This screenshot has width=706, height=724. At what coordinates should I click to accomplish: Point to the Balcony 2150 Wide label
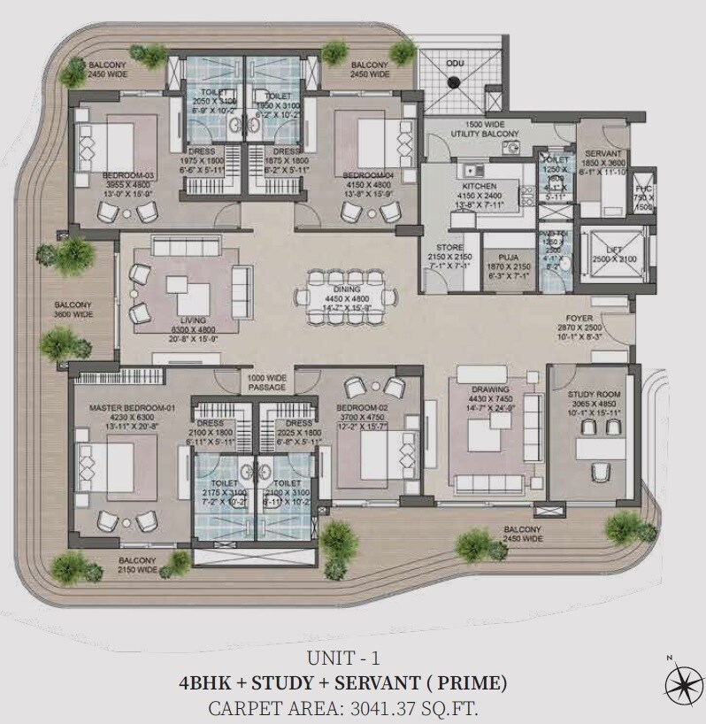(139, 566)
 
